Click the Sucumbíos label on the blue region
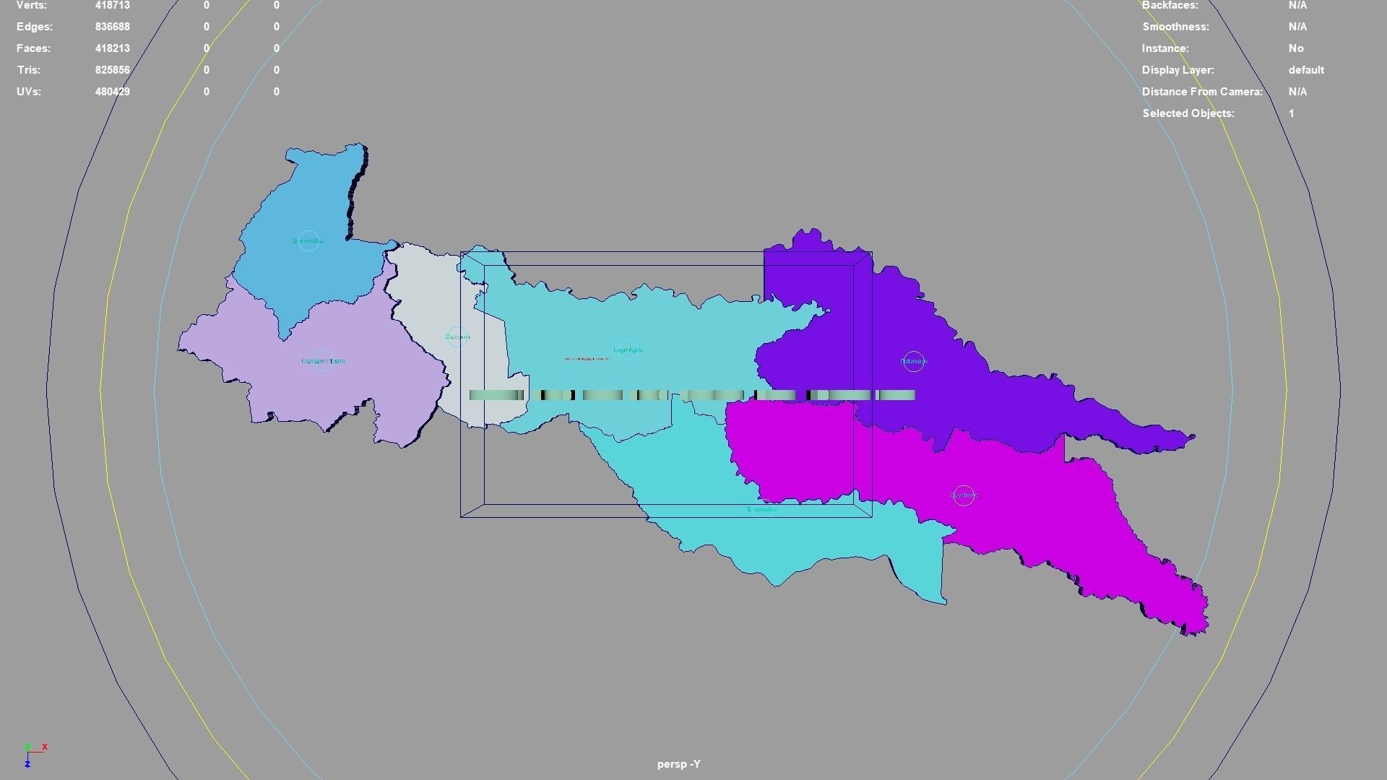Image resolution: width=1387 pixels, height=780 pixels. [x=308, y=241]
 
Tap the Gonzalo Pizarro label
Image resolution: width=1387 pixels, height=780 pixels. [x=323, y=361]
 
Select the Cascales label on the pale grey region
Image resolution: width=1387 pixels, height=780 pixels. [x=457, y=337]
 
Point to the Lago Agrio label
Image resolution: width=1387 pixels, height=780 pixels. [x=627, y=350]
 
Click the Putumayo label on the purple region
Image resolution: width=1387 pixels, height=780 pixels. [x=913, y=361]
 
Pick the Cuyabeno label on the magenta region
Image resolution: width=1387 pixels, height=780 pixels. [x=964, y=495]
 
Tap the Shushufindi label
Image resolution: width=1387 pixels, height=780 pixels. [x=762, y=510]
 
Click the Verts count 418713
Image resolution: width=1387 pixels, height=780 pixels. [x=112, y=6]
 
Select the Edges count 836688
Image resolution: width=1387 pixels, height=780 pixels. [x=112, y=27]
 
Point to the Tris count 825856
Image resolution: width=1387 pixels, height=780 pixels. [x=112, y=70]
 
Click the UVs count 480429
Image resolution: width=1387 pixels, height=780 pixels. [x=112, y=92]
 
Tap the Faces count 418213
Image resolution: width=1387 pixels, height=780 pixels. [x=112, y=48]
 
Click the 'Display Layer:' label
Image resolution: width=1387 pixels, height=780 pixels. [x=1178, y=70]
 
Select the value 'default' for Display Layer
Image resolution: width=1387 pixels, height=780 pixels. [x=1305, y=70]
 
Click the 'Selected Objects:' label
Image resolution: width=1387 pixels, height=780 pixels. [x=1188, y=113]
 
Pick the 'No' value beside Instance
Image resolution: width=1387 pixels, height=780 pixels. [x=1296, y=48]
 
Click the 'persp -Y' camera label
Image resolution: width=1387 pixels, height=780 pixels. [x=678, y=764]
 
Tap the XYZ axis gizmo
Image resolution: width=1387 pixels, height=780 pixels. [x=33, y=754]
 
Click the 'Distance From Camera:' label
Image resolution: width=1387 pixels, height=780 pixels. [x=1201, y=92]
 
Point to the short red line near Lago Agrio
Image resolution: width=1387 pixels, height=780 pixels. [x=587, y=359]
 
